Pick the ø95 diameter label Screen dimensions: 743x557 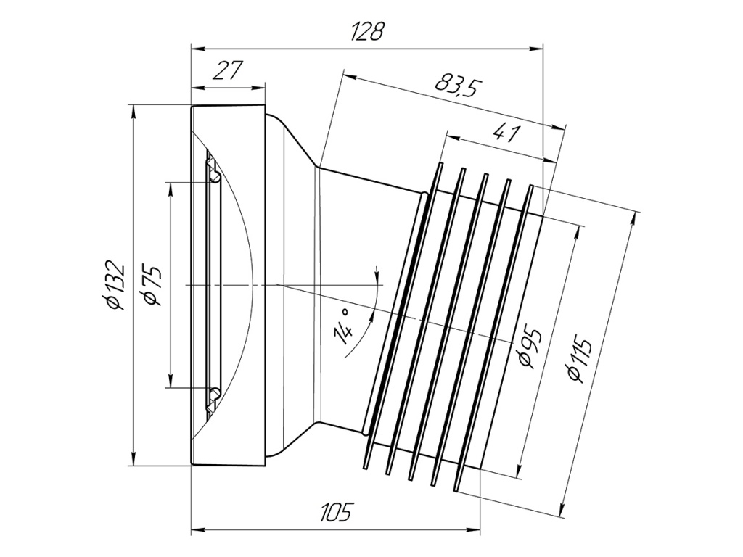(x=529, y=347)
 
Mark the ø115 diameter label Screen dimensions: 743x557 (x=580, y=360)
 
